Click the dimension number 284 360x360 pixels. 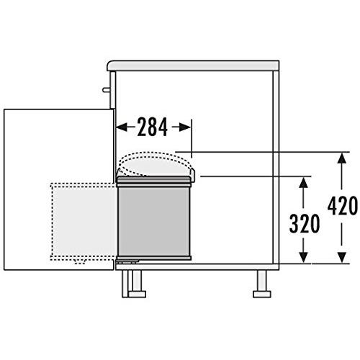pyautogui.click(x=153, y=127)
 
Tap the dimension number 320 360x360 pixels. pyautogui.click(x=305, y=224)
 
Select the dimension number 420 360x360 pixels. pyautogui.click(x=343, y=206)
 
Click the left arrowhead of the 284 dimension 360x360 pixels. pyautogui.click(x=122, y=127)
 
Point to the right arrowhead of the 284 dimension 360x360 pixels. pyautogui.click(x=186, y=127)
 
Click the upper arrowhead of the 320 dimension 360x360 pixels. pyautogui.click(x=304, y=182)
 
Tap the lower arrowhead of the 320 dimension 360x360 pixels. pyautogui.click(x=304, y=257)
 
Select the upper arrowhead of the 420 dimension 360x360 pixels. pyautogui.click(x=342, y=158)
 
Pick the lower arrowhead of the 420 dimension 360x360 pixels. pyautogui.click(x=342, y=257)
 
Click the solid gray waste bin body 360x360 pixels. pyautogui.click(x=154, y=221)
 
